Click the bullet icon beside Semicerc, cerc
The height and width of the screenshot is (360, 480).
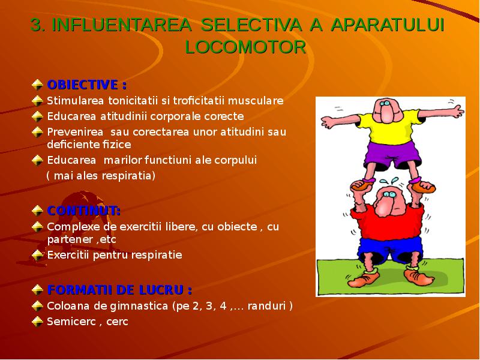tap(37, 321)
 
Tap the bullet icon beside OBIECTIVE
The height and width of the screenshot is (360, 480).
tap(37, 83)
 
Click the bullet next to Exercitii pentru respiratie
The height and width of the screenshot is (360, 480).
tap(37, 255)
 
